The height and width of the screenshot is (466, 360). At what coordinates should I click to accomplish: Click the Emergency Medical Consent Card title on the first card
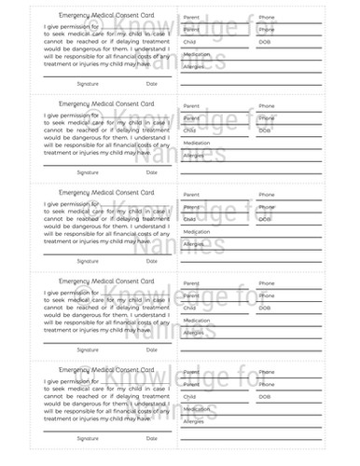click(x=105, y=17)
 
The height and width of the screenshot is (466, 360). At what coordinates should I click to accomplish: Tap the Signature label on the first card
click(x=89, y=84)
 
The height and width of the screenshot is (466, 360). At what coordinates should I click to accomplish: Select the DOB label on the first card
click(x=265, y=42)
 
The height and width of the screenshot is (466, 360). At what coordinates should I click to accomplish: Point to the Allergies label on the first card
click(x=194, y=67)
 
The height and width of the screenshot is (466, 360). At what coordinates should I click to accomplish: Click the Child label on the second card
click(x=189, y=130)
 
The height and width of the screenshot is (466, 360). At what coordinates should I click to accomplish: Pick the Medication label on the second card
click(x=197, y=143)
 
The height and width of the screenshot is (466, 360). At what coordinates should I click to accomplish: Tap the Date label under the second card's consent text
click(x=152, y=172)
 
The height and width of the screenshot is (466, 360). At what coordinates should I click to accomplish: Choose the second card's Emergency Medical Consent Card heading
click(x=105, y=104)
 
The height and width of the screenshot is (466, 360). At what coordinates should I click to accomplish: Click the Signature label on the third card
click(x=89, y=261)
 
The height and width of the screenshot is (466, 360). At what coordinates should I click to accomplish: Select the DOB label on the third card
click(x=265, y=219)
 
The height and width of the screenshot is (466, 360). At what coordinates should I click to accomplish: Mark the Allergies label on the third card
click(x=194, y=244)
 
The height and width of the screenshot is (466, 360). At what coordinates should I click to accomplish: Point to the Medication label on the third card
click(x=197, y=231)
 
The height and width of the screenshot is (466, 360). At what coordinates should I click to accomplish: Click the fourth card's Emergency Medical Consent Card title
click(x=105, y=281)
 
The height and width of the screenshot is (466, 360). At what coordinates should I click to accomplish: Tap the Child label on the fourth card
click(x=189, y=308)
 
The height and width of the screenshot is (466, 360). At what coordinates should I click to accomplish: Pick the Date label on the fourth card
click(x=152, y=349)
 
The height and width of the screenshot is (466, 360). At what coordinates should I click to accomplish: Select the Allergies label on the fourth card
click(x=194, y=333)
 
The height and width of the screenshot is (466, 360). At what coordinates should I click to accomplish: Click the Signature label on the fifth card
click(x=89, y=438)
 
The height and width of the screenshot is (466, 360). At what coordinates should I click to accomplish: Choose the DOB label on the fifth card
click(x=265, y=396)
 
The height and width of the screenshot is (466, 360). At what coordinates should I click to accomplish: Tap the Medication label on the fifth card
click(x=197, y=408)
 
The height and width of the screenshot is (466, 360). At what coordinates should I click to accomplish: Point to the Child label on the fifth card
click(x=189, y=396)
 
